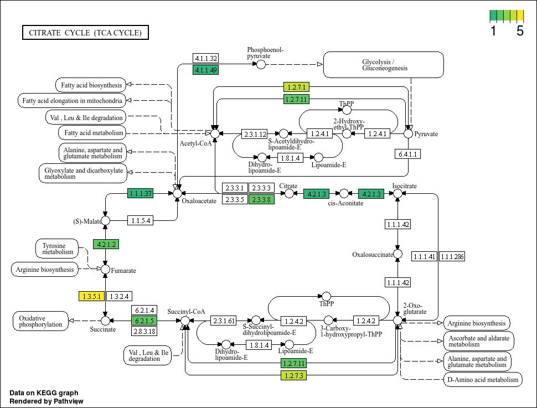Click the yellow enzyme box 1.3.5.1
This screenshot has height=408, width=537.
point(91,296)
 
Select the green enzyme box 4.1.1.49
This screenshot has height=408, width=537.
point(205,70)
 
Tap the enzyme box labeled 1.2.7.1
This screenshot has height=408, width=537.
point(297,87)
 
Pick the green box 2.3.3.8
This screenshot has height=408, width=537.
point(261,199)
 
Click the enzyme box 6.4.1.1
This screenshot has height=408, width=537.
point(407,154)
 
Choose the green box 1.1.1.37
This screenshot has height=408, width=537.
point(141,193)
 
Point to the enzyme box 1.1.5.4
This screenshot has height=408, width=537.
point(141,221)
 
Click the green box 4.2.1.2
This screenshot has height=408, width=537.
point(106,244)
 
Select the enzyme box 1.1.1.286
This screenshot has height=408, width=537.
point(452,256)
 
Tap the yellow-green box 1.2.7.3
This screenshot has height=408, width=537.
point(294,375)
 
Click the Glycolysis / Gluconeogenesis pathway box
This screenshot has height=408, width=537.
point(384,65)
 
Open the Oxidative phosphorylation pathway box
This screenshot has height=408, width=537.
point(41,321)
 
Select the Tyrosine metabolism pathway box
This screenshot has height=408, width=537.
point(57,249)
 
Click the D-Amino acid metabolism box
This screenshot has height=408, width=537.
point(483,380)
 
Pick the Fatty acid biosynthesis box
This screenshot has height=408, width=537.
point(91,85)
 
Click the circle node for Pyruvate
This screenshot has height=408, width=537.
point(408,133)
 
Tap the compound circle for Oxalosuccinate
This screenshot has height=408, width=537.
point(397,254)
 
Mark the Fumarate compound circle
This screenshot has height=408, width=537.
point(106,270)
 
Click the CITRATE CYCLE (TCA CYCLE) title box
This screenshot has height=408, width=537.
point(86,33)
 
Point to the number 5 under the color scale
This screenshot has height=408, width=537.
point(520,31)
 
